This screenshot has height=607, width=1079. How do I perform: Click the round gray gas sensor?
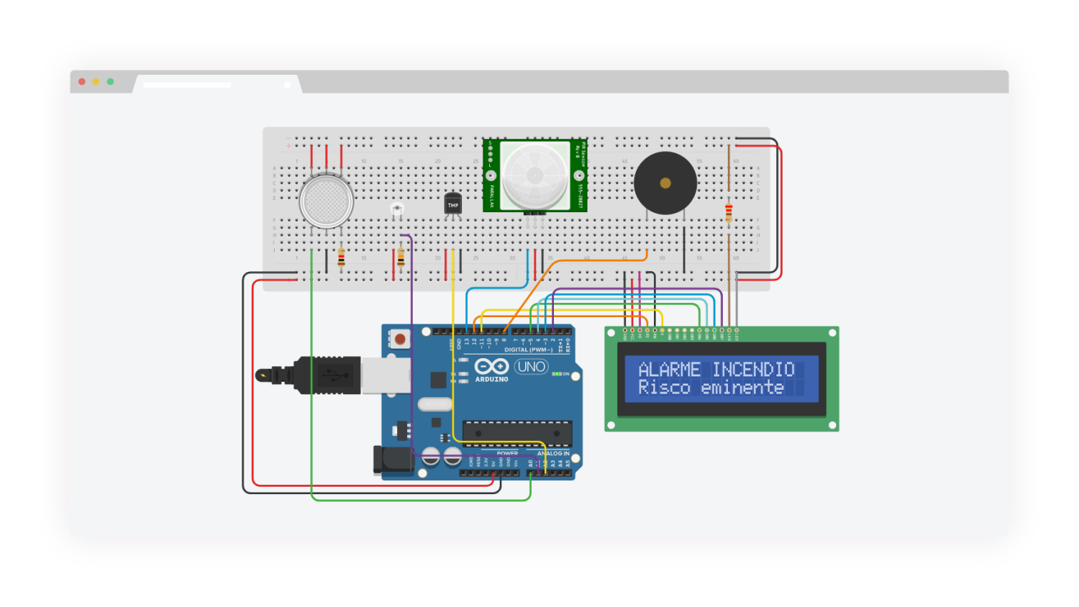[326, 201]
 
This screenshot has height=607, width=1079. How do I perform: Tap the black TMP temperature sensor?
[452, 204]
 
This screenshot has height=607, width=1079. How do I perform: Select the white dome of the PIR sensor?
[534, 175]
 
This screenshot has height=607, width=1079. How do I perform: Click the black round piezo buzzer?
[665, 183]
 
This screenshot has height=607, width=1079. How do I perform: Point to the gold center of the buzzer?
[665, 183]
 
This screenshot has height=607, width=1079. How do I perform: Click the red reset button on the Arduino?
[400, 339]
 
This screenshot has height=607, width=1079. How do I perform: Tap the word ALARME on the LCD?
[669, 370]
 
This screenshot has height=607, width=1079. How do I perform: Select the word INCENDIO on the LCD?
[753, 370]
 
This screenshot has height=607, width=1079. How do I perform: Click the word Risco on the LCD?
[664, 388]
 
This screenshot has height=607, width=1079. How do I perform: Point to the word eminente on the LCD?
[742, 388]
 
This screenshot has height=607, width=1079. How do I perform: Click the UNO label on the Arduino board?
[532, 367]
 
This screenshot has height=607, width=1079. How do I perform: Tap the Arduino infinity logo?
[491, 367]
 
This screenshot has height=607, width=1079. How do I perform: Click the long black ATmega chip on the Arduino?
[516, 434]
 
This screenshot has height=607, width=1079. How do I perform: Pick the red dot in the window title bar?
[82, 82]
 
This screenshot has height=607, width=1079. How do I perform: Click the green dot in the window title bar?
[110, 82]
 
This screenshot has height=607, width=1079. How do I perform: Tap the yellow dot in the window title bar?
[96, 82]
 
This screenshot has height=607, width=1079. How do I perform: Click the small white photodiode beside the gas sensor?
[396, 209]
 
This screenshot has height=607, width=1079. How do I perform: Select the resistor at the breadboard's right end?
[729, 213]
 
